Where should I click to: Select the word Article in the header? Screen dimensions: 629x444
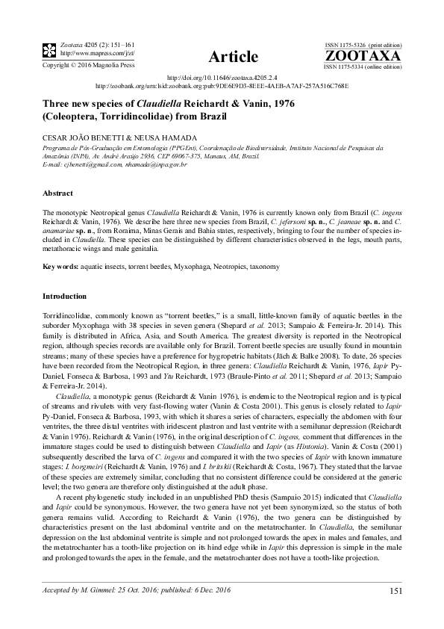[234, 57]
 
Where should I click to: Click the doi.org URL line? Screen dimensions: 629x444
[222, 77]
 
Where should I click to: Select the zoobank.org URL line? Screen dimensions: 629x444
[222, 86]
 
